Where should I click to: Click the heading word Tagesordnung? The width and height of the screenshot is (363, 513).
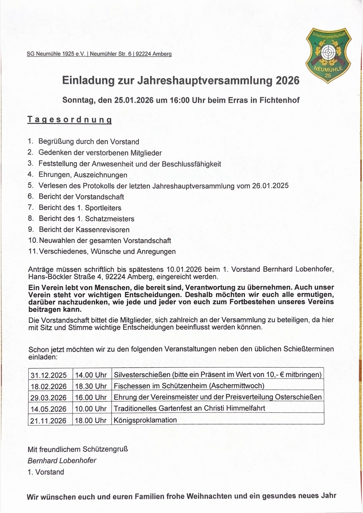tap(70, 120)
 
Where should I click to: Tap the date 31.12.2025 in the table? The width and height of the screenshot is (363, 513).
tap(48, 375)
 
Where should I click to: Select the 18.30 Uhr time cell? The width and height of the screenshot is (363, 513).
tap(91, 386)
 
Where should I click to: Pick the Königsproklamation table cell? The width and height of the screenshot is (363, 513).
tap(145, 420)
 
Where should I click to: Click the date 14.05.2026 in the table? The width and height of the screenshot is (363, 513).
tap(48, 409)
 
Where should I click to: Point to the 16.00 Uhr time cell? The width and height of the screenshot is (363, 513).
tap(91, 397)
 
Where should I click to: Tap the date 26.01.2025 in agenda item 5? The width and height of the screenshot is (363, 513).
tap(270, 186)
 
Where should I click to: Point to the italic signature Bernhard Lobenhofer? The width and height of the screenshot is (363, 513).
tap(62, 460)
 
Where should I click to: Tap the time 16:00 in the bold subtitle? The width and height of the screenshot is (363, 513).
tap(180, 100)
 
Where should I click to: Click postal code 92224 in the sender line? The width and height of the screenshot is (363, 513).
tap(143, 54)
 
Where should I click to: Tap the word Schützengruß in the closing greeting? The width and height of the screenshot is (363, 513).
tap(105, 449)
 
